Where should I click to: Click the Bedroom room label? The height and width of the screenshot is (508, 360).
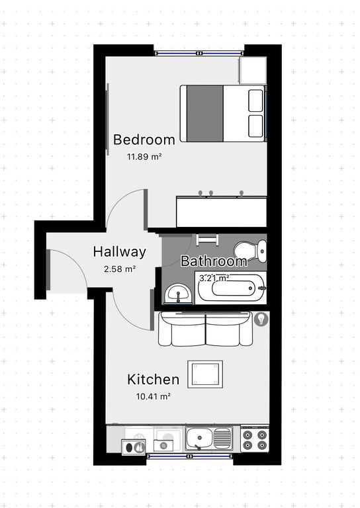pyautogui.click(x=144, y=140)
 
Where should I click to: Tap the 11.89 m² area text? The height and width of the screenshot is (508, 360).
pyautogui.click(x=144, y=157)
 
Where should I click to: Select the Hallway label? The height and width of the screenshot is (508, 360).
pyautogui.click(x=120, y=252)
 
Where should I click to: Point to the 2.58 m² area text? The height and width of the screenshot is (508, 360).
pyautogui.click(x=120, y=269)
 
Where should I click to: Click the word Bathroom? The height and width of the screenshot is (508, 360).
pyautogui.click(x=214, y=261)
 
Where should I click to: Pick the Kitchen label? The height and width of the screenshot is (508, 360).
pyautogui.click(x=154, y=380)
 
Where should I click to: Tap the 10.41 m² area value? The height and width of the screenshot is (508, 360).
pyautogui.click(x=154, y=396)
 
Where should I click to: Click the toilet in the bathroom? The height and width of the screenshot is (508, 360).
pyautogui.click(x=250, y=252)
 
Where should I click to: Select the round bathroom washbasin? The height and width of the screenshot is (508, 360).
pyautogui.click(x=178, y=293)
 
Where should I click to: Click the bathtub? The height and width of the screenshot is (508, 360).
pyautogui.click(x=231, y=288)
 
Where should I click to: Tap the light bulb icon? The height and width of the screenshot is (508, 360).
pyautogui.click(x=261, y=319)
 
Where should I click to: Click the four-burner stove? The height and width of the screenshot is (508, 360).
pyautogui.click(x=255, y=439)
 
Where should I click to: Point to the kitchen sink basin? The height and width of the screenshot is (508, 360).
pyautogui.click(x=199, y=438)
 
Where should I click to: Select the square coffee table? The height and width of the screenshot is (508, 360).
pyautogui.click(x=205, y=374)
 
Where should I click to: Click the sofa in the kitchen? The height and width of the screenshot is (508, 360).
pyautogui.click(x=205, y=329)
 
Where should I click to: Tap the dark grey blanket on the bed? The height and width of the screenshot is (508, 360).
pyautogui.click(x=205, y=113)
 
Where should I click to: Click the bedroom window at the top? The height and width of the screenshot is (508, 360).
pyautogui.click(x=199, y=53)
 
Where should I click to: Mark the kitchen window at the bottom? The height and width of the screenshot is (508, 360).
pyautogui.click(x=189, y=456)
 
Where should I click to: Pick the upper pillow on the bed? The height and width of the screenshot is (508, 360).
pyautogui.click(x=255, y=100)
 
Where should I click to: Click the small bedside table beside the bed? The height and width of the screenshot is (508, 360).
pyautogui.click(x=253, y=70)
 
